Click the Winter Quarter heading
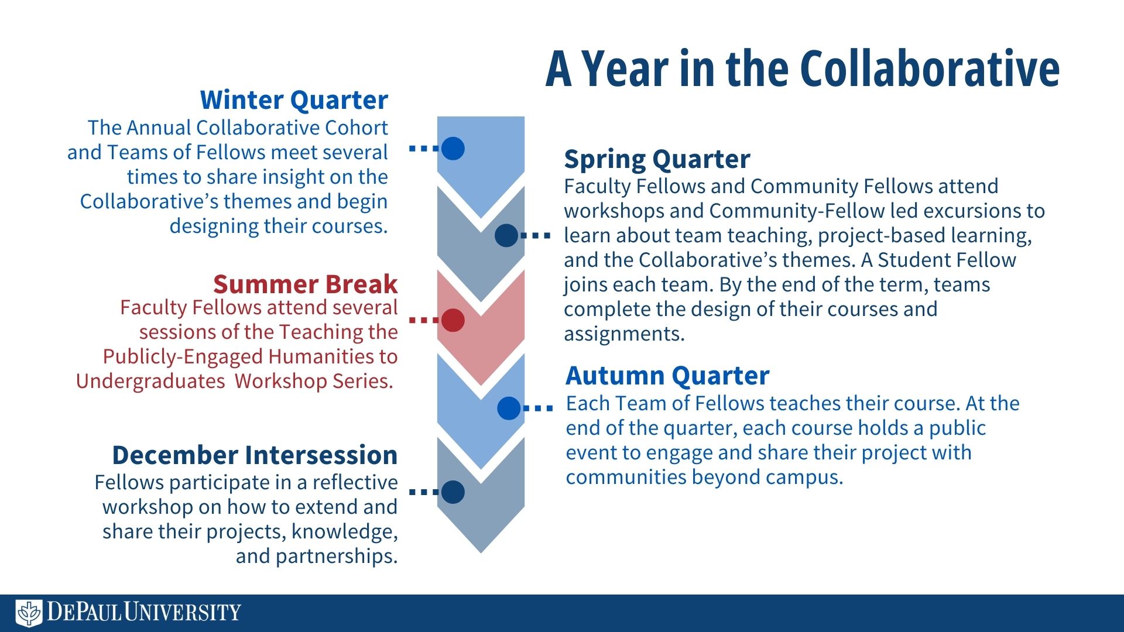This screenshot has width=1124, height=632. pyautogui.click(x=294, y=100)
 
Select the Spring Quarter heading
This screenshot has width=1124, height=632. pyautogui.click(x=657, y=159)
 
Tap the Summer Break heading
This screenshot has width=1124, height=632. pyautogui.click(x=305, y=284)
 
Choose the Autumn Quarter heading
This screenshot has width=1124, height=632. pyautogui.click(x=667, y=376)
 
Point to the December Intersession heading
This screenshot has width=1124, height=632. pyautogui.click(x=255, y=455)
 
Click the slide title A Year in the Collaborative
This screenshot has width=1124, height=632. pyautogui.click(x=803, y=69)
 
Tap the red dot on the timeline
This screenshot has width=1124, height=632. pyautogui.click(x=453, y=320)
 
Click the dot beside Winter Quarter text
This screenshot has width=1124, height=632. pyautogui.click(x=453, y=149)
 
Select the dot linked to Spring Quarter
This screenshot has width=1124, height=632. pyautogui.click(x=506, y=236)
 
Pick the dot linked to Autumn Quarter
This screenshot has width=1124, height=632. pyautogui.click(x=509, y=408)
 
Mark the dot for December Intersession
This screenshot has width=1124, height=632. pyautogui.click(x=453, y=492)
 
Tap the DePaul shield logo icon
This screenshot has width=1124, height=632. pyautogui.click(x=29, y=613)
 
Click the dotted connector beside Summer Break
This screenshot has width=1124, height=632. pyautogui.click(x=424, y=320)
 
